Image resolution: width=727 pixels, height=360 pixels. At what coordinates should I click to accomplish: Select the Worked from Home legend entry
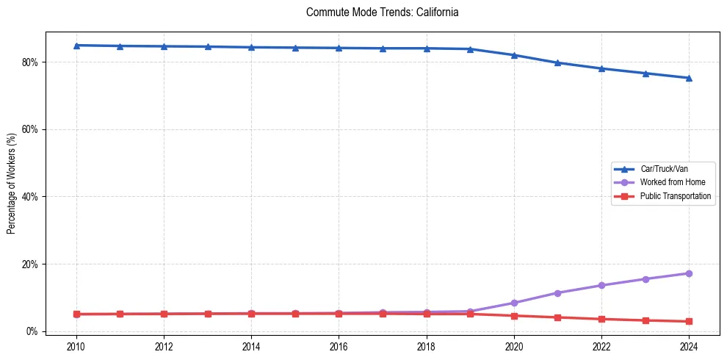pos(670,182)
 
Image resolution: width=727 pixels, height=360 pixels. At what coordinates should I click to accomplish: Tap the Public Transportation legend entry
pos(675,196)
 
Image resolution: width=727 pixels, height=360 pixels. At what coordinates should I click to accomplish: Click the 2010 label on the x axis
pos(76,345)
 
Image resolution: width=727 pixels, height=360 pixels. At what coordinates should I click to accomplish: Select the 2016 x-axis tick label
pos(339,345)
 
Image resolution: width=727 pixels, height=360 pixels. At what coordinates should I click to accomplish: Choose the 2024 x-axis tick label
pos(689,345)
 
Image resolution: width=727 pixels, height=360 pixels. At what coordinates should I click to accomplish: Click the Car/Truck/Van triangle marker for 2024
pos(689,78)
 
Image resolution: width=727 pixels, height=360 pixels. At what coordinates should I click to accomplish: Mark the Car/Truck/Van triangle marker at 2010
pos(76,46)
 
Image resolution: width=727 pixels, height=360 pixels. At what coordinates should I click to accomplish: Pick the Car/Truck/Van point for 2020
pos(514,55)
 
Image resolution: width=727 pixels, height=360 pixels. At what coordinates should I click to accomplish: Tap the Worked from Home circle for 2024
pos(689,273)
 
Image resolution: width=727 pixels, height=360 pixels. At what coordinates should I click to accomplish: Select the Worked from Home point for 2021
pos(557,293)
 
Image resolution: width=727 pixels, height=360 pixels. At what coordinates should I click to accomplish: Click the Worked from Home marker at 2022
pos(601,285)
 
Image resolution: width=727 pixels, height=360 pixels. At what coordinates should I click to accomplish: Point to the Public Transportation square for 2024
pos(689,321)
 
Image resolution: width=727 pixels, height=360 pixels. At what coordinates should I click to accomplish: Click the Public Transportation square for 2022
pos(601,319)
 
